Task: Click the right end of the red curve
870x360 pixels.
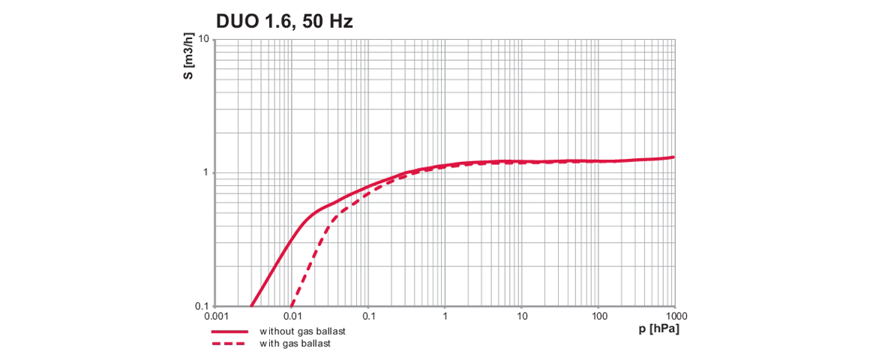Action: click(x=673, y=157)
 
